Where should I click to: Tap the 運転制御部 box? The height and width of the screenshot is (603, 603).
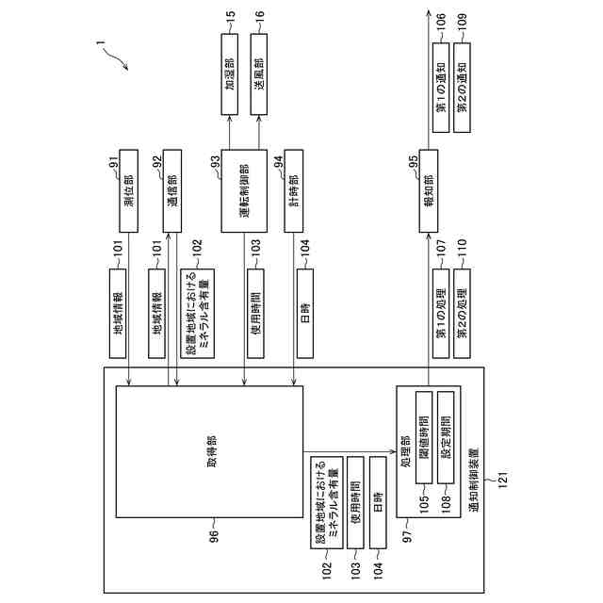pos(245,190)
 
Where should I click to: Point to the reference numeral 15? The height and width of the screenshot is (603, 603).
pos(230,17)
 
